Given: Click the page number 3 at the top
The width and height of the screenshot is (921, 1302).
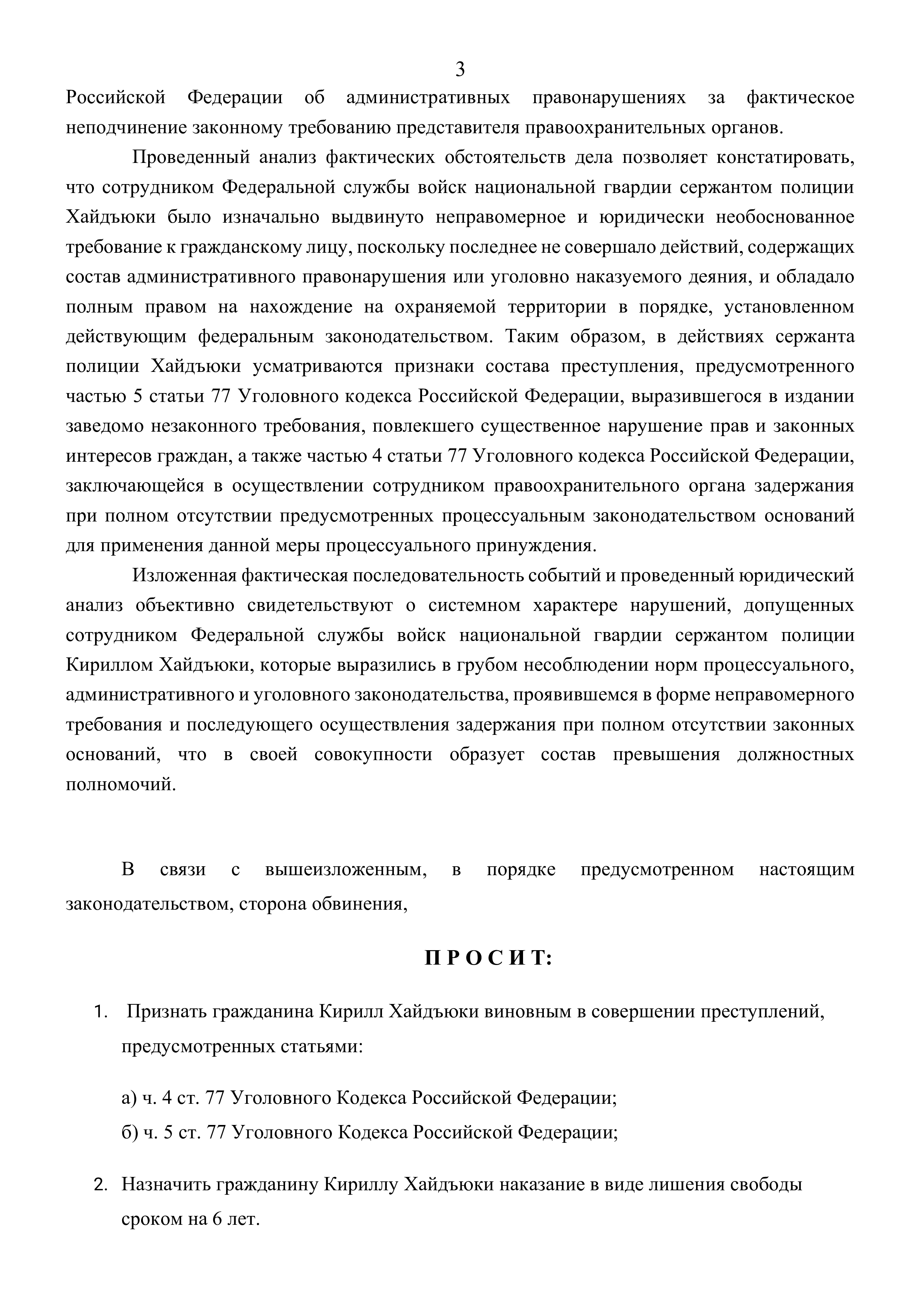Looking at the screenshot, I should [460, 70].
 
